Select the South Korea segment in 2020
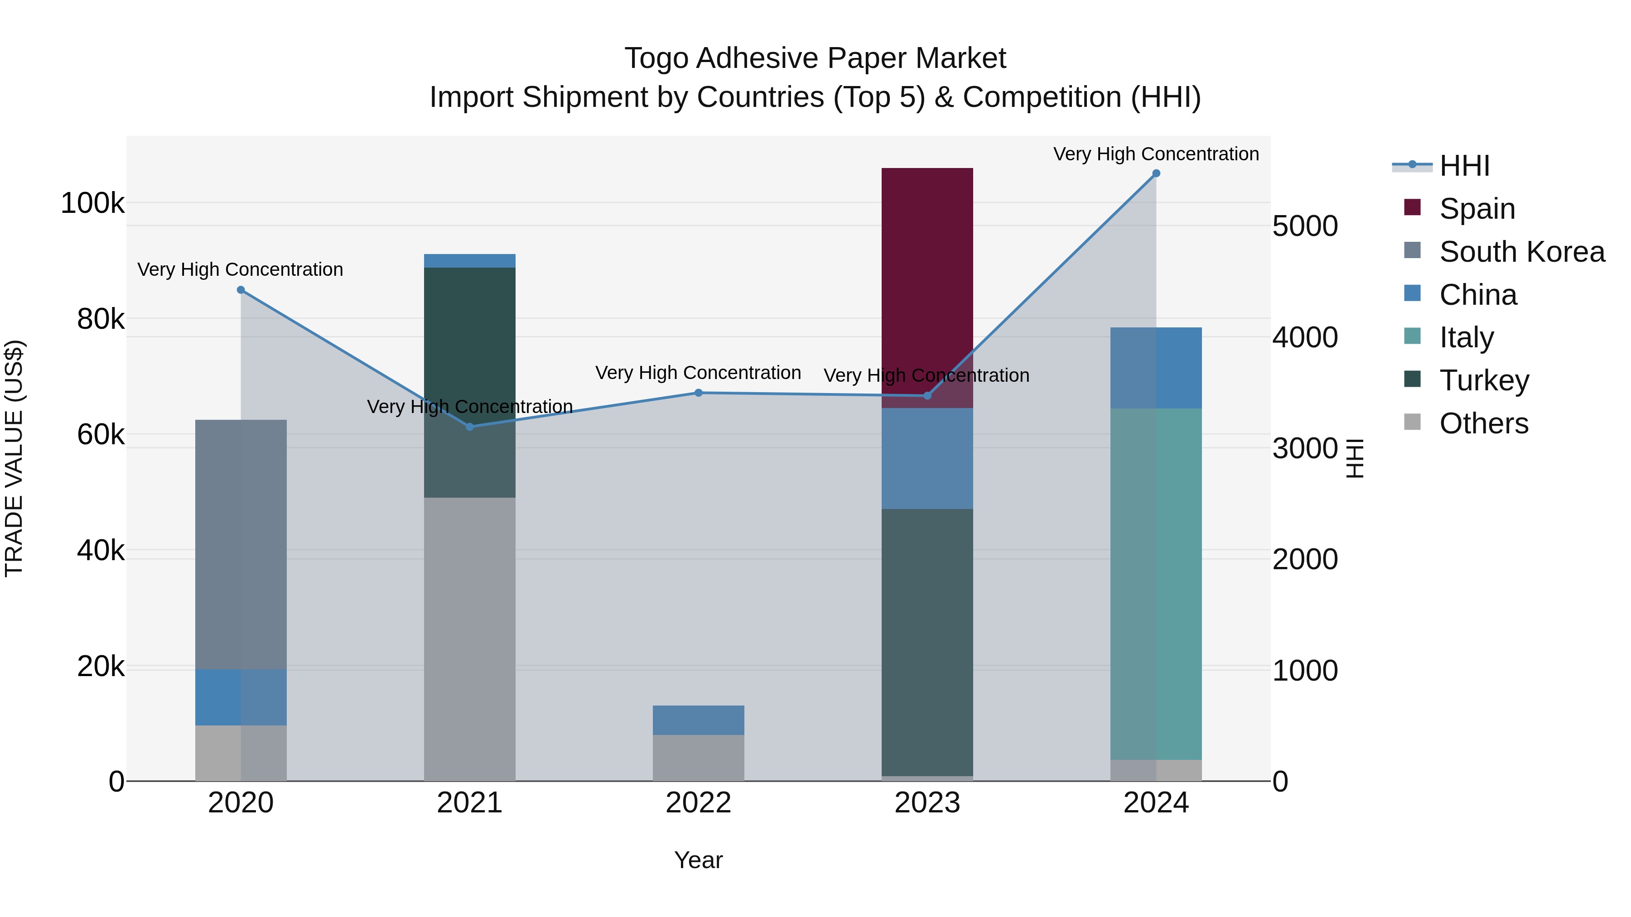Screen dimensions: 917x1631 (241, 544)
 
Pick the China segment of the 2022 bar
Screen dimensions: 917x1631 (698, 720)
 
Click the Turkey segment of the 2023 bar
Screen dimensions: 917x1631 (927, 642)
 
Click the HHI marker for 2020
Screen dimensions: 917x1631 (241, 290)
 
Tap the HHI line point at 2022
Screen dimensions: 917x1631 (698, 393)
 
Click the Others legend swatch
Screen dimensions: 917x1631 (1412, 422)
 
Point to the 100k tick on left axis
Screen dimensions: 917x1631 (92, 204)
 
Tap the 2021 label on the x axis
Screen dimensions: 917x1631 (469, 803)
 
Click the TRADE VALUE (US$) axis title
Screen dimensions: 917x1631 (14, 458)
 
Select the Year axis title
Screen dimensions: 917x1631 (698, 860)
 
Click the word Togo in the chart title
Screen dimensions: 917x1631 (656, 58)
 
